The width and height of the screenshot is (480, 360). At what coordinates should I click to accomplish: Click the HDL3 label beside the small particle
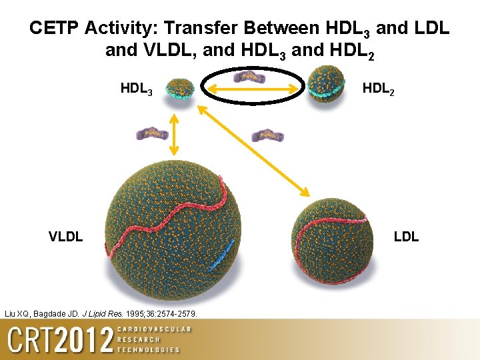click(x=136, y=89)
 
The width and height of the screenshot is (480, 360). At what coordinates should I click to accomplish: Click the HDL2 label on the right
click(x=378, y=89)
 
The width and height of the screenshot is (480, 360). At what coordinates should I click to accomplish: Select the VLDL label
click(x=65, y=236)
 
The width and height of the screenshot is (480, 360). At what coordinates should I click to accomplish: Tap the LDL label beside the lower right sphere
click(x=406, y=236)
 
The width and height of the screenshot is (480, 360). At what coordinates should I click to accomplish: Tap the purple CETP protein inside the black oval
click(x=250, y=77)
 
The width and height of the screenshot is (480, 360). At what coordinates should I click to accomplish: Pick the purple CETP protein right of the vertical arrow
click(x=267, y=136)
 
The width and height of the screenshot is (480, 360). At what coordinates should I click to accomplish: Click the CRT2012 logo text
click(x=60, y=340)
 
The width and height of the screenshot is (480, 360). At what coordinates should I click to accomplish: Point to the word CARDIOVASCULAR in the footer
click(x=153, y=329)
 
